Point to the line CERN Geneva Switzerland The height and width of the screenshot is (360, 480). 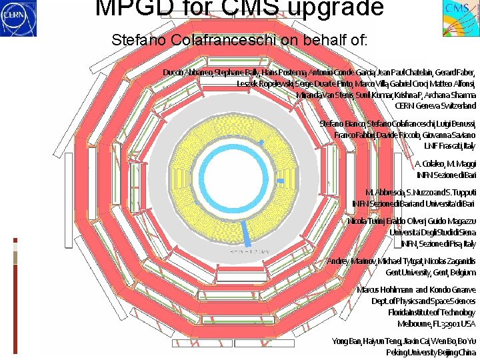(x=435, y=105)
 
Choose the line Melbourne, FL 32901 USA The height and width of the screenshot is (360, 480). (x=437, y=323)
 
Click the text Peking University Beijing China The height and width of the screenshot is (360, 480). (x=431, y=352)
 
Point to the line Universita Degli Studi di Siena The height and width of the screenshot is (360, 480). (x=433, y=232)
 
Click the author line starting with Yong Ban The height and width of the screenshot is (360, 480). (x=404, y=341)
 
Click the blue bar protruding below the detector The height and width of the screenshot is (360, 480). (x=247, y=233)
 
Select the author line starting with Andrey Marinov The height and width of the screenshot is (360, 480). (x=401, y=261)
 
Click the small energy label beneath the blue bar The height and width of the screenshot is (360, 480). (x=249, y=252)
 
